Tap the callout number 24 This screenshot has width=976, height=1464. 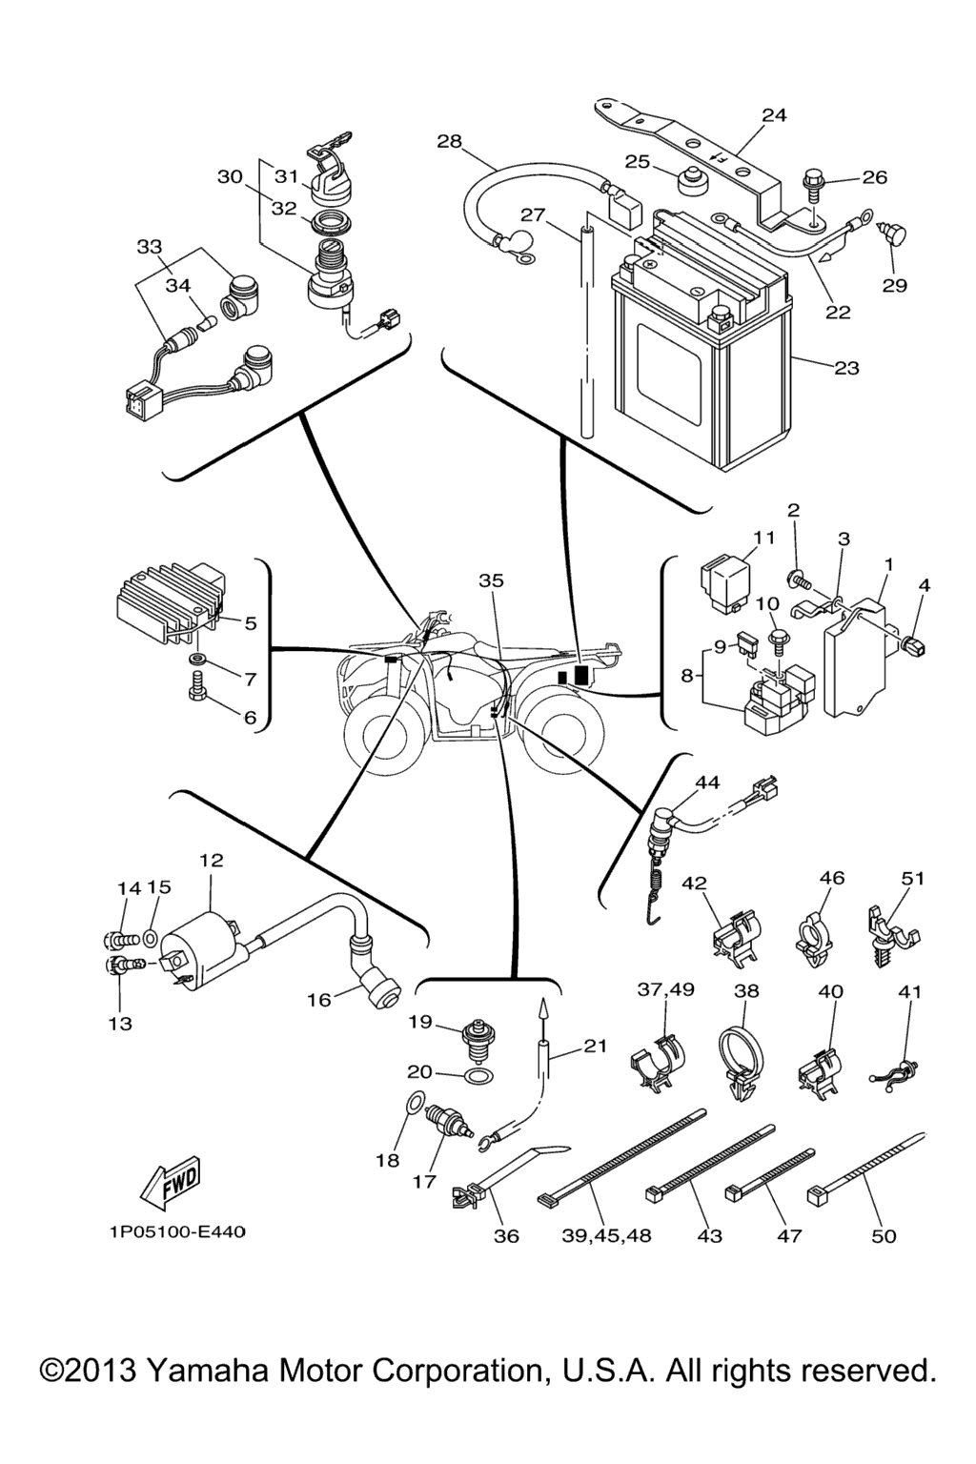[774, 115]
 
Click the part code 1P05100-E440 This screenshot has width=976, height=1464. [176, 1232]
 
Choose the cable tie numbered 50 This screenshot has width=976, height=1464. [867, 1165]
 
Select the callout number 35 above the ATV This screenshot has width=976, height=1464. [491, 580]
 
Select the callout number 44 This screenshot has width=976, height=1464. [706, 783]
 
